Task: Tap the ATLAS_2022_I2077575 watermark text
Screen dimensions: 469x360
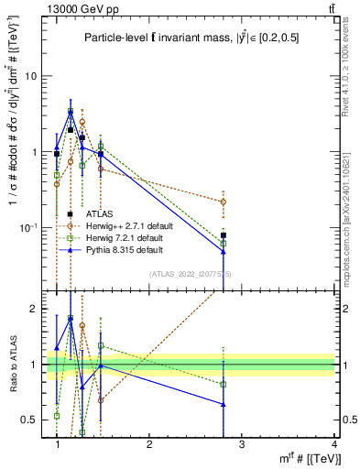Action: pyautogui.click(x=190, y=274)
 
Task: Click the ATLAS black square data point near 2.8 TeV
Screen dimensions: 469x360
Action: pyautogui.click(x=224, y=235)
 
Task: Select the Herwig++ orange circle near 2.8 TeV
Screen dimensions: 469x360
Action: pyautogui.click(x=224, y=202)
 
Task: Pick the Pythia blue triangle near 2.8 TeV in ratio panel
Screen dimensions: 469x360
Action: pyautogui.click(x=224, y=404)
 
